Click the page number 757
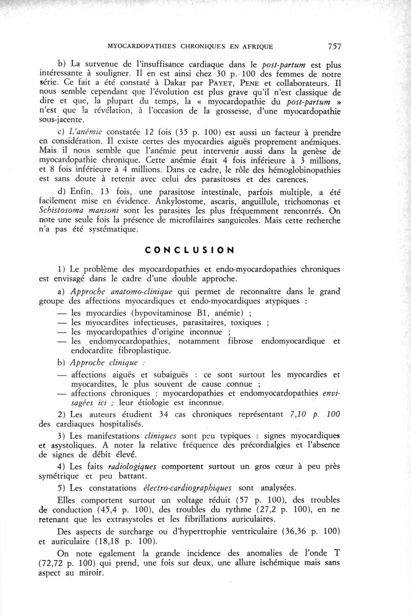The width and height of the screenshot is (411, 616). pos(334,46)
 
